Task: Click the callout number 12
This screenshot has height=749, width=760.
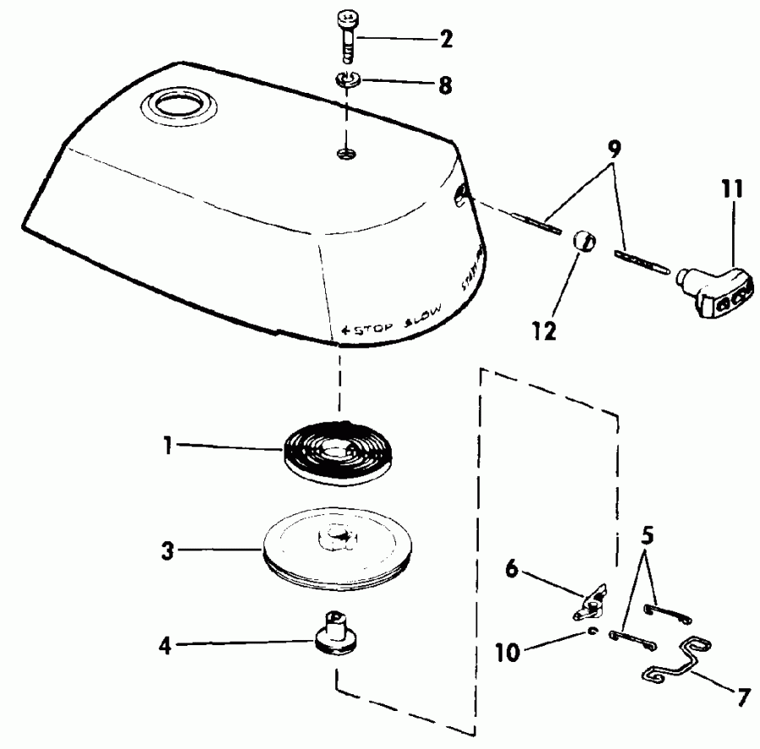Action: [545, 330]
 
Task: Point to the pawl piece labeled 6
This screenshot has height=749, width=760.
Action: [590, 600]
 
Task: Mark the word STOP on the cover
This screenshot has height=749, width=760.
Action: [365, 328]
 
